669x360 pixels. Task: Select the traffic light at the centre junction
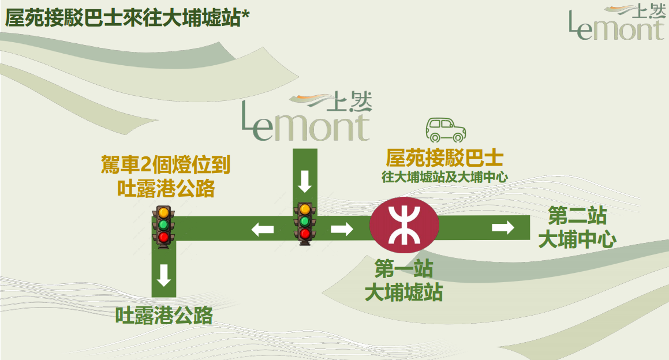(x=305, y=223)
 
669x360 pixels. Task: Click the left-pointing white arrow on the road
(x=263, y=230)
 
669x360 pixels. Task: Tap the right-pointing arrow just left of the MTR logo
(x=342, y=230)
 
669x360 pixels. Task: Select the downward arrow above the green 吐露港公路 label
(x=164, y=275)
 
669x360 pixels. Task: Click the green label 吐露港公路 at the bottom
(x=164, y=316)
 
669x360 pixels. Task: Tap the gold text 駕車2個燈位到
(x=165, y=166)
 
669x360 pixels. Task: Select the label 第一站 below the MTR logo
(x=403, y=269)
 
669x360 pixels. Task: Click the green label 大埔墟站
(x=403, y=292)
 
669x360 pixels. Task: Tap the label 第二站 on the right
(x=577, y=217)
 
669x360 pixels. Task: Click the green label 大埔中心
(x=577, y=240)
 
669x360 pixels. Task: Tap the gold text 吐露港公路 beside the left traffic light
(x=165, y=189)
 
